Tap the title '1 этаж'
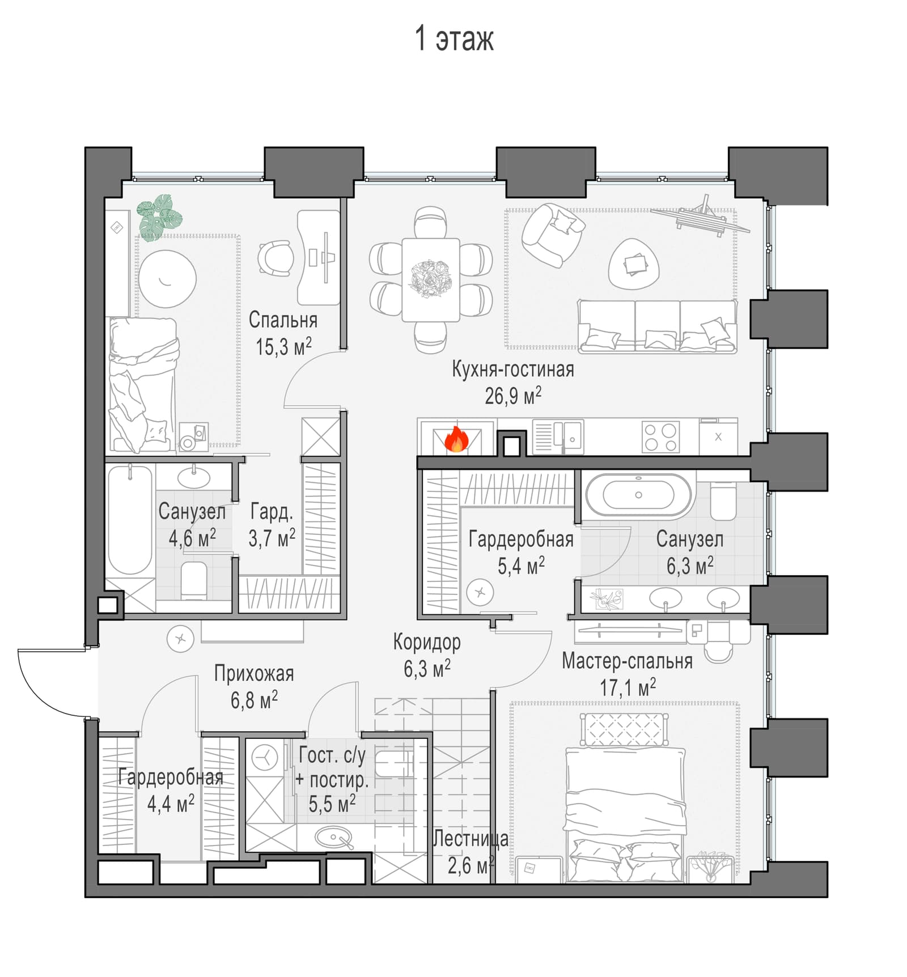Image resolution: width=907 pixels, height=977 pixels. (x=455, y=39)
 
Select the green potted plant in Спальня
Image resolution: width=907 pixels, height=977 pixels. (x=159, y=217)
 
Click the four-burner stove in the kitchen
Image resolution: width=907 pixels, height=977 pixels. (x=661, y=437)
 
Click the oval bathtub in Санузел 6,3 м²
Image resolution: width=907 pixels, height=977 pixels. (x=639, y=495)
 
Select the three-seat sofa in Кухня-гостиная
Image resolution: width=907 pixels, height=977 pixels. (x=658, y=326)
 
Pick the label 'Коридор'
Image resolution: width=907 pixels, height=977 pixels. (x=427, y=642)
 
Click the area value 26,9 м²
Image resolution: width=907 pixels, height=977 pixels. (x=513, y=396)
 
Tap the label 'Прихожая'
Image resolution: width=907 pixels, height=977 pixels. (x=254, y=673)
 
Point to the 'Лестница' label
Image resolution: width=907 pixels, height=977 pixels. (x=471, y=839)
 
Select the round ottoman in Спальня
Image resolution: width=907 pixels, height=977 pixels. (x=168, y=279)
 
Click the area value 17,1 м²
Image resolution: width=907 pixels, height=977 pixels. (x=628, y=687)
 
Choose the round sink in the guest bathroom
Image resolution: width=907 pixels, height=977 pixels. (x=333, y=837)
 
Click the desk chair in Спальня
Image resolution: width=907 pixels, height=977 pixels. (x=276, y=258)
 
